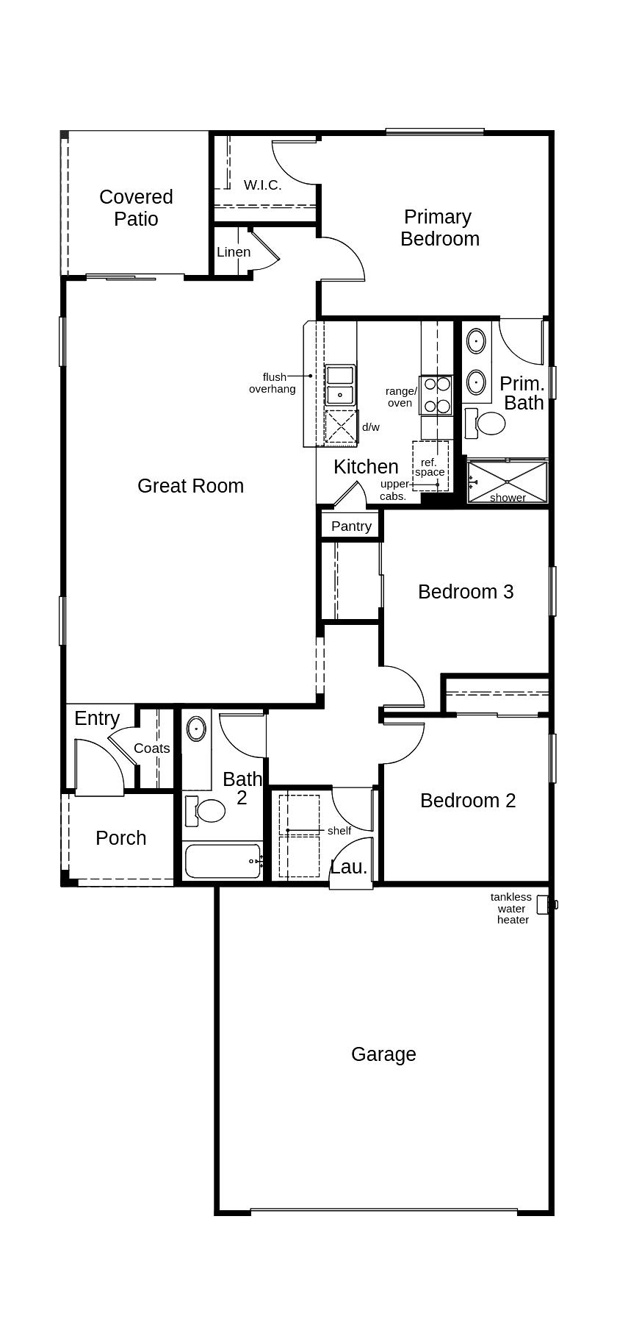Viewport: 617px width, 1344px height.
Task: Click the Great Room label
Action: pyautogui.click(x=190, y=486)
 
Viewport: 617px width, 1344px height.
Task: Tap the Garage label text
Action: pyautogui.click(x=383, y=1054)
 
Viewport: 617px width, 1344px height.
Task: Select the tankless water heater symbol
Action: pyautogui.click(x=544, y=904)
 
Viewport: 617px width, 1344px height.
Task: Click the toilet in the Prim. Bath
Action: pyautogui.click(x=487, y=423)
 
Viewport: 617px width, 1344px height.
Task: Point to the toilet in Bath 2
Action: pyautogui.click(x=208, y=811)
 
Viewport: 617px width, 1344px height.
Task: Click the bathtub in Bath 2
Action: pyautogui.click(x=223, y=861)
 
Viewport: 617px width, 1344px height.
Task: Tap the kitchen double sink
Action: pyautogui.click(x=340, y=385)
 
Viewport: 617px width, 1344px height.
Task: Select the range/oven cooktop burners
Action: pyautogui.click(x=437, y=395)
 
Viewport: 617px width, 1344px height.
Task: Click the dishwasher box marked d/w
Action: pyautogui.click(x=341, y=426)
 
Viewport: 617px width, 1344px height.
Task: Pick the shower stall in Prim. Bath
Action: pyautogui.click(x=508, y=482)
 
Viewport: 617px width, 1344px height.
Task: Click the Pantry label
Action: pyautogui.click(x=351, y=526)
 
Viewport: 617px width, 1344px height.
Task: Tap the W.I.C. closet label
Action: pyautogui.click(x=262, y=185)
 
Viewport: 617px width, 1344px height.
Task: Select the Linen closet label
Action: pyautogui.click(x=234, y=252)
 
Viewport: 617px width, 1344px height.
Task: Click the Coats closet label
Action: pyautogui.click(x=152, y=748)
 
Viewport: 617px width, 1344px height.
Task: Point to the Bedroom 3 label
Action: pyautogui.click(x=466, y=592)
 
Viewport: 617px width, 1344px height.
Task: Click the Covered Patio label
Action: pyautogui.click(x=136, y=208)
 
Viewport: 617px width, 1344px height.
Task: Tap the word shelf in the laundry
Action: pyautogui.click(x=339, y=831)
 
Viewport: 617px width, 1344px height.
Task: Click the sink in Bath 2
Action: pyautogui.click(x=196, y=729)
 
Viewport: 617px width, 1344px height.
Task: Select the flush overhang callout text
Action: pyautogui.click(x=273, y=383)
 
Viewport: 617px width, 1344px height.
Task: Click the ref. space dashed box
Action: pyautogui.click(x=430, y=466)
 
